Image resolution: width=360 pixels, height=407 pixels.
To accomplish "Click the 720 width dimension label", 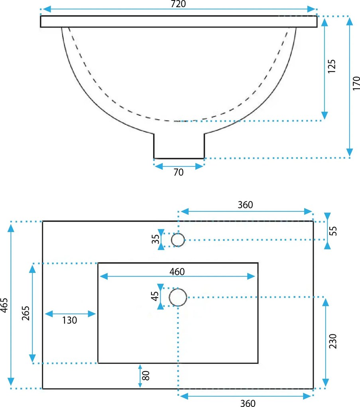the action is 179,4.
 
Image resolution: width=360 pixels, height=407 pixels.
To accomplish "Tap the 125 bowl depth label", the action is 331,67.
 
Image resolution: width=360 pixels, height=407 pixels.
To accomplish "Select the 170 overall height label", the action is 356,83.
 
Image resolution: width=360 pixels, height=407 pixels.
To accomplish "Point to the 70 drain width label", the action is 179,172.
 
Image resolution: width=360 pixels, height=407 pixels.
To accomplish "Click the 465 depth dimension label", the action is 4,305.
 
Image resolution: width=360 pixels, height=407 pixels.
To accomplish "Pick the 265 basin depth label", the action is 26,313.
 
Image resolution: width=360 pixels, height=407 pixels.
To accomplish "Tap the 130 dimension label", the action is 69,320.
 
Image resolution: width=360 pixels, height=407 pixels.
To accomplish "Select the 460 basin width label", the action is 177,272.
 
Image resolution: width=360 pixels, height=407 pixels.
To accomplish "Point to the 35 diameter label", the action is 155,239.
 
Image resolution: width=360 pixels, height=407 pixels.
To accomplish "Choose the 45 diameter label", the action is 155,296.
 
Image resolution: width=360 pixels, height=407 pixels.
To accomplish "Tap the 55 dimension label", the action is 333,231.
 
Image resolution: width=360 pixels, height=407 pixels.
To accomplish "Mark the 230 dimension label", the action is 332,341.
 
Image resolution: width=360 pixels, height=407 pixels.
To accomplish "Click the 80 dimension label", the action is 146,375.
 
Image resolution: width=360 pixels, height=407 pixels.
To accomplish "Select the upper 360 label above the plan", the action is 245,205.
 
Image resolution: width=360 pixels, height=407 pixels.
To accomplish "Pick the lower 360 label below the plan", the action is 248,403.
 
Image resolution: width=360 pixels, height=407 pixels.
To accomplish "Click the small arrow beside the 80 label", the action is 140,376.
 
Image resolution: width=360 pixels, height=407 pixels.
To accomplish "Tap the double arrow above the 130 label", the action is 70,314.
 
